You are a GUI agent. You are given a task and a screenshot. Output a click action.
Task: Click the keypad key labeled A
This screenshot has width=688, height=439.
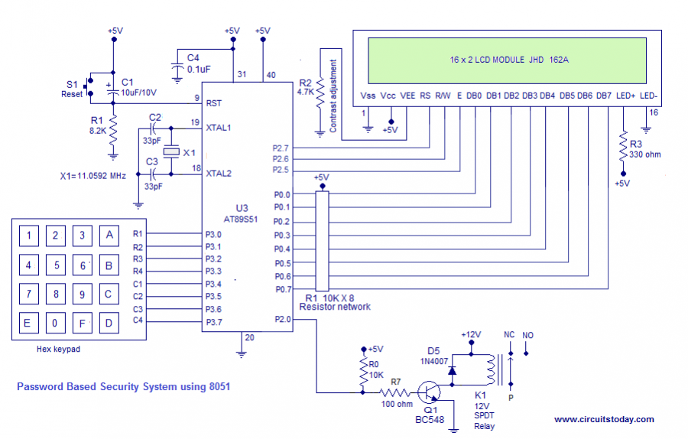click(x=109, y=235)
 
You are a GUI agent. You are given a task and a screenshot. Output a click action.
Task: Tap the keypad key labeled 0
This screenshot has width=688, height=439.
click(x=54, y=323)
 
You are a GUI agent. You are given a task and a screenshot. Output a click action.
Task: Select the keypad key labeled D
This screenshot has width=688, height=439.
click(x=109, y=323)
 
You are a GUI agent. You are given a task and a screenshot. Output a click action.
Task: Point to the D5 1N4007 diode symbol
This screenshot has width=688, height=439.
click(x=453, y=370)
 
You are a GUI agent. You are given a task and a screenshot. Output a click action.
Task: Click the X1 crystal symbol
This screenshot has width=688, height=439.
click(x=172, y=151)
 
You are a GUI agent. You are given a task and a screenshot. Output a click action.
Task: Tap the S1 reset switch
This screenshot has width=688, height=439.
click(x=89, y=87)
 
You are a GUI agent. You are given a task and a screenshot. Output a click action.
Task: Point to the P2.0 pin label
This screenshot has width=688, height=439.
click(x=281, y=320)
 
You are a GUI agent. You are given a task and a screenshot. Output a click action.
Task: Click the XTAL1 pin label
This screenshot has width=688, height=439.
click(x=219, y=127)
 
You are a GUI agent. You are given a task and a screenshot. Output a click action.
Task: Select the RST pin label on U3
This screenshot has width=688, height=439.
click(x=214, y=102)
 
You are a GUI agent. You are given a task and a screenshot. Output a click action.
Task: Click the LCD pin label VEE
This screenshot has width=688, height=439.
click(x=408, y=96)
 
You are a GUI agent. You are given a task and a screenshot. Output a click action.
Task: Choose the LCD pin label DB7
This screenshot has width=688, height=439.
click(x=604, y=96)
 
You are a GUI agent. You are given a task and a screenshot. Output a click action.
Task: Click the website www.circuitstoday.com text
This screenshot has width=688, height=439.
click(x=604, y=419)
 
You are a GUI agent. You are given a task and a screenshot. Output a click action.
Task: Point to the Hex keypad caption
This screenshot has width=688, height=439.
click(x=58, y=349)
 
